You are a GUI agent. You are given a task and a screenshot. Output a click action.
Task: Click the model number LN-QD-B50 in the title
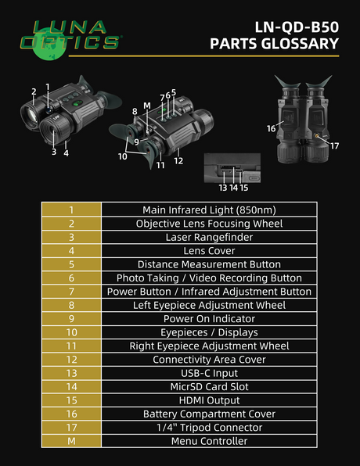297,27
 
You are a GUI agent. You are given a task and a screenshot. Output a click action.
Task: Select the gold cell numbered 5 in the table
71,264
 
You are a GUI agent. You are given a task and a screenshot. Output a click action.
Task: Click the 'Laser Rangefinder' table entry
209,237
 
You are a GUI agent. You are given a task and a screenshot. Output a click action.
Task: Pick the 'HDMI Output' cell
209,400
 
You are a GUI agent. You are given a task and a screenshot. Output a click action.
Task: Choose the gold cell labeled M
71,441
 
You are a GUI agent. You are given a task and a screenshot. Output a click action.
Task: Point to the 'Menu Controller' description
209,441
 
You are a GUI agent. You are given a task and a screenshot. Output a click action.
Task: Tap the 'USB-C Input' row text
209,373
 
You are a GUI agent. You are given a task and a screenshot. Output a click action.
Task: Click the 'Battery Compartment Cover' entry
209,414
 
